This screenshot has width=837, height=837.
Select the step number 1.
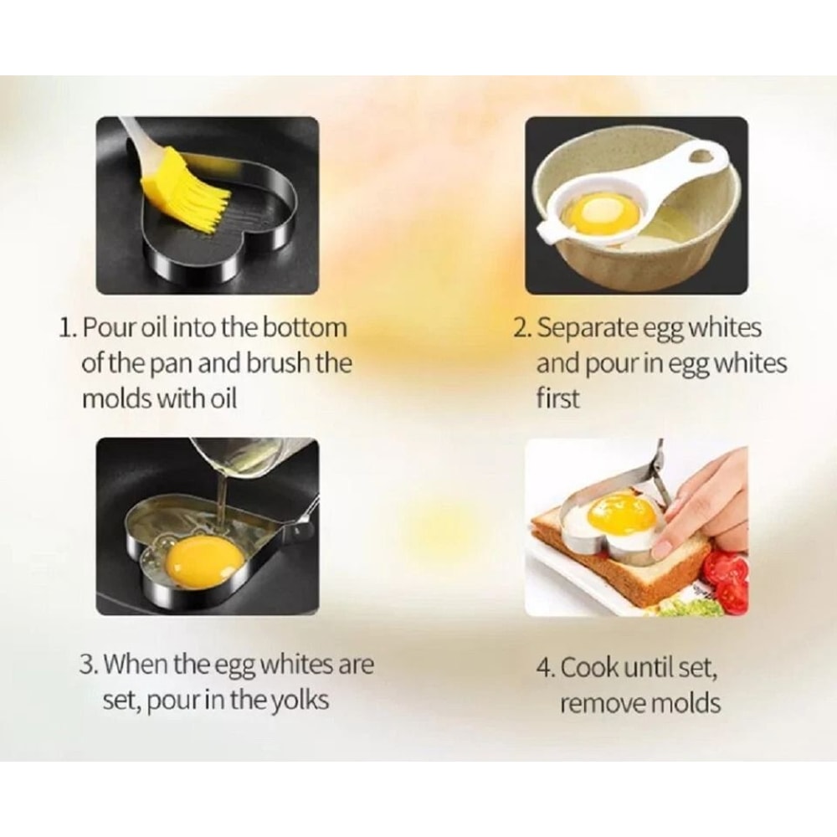pyautogui.click(x=66, y=326)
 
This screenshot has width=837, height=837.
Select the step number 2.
pyautogui.click(x=521, y=327)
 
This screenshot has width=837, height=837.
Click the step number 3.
pyautogui.click(x=88, y=665)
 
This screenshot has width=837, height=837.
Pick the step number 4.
pyautogui.click(x=545, y=669)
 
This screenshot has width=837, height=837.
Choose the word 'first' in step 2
pyautogui.click(x=557, y=399)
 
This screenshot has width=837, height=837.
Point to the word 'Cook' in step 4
pyautogui.click(x=589, y=669)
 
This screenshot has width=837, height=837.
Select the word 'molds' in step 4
pyautogui.click(x=683, y=703)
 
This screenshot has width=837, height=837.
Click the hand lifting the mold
pyautogui.click(x=708, y=502)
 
